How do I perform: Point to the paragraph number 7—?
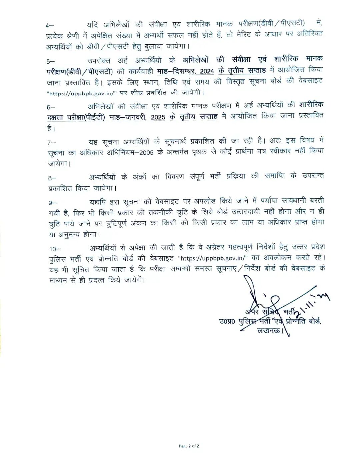52,143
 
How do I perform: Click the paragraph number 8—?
52,178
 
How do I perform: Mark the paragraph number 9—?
52,203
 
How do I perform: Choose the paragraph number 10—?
55,249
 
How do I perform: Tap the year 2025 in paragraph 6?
158,117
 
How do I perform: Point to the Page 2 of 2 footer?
189,446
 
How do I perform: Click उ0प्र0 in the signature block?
227,321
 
